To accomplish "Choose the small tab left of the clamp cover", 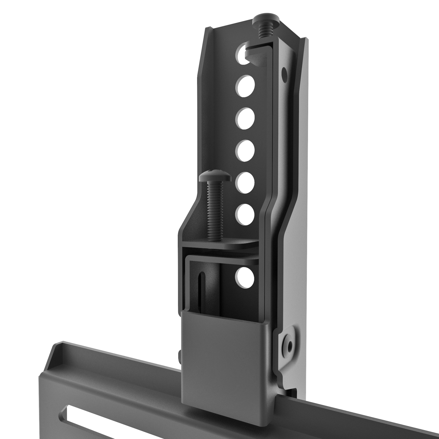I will (x=180, y=354).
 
